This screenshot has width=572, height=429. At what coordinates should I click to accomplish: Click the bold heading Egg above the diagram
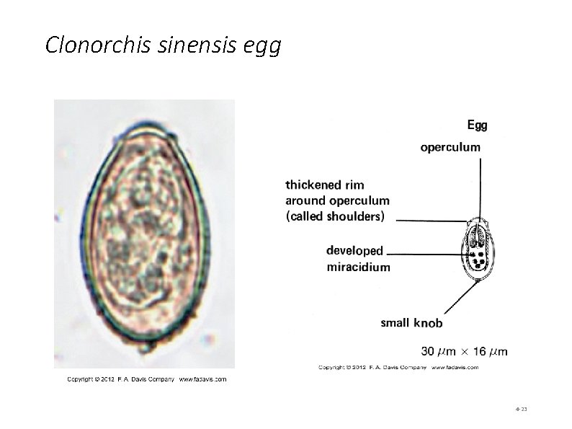point(477,125)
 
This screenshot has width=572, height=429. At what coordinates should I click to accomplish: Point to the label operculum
point(450,147)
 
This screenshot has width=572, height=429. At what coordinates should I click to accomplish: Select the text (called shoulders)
point(335,216)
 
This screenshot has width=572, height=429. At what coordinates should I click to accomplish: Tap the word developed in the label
point(354,252)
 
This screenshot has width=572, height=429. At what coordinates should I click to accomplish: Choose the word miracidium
point(359,267)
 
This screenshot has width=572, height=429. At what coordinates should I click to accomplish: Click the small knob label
point(411,323)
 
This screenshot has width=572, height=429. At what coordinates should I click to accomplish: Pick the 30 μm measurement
point(437,352)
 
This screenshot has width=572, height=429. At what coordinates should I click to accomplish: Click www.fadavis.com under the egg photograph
point(202,379)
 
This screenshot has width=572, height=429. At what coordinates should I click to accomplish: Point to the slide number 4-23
point(522,410)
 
